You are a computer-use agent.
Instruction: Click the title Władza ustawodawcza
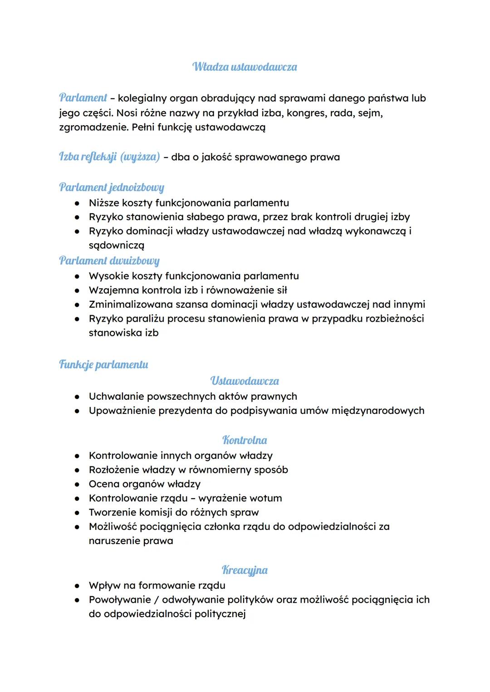coord(245,67)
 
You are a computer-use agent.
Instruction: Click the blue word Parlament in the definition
coord(83,98)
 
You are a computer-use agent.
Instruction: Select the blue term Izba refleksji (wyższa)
coord(109,157)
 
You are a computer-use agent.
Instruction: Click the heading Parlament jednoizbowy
coord(112,187)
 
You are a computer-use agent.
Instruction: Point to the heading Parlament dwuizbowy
coord(109,261)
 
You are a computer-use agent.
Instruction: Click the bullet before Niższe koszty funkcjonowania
coord(78,203)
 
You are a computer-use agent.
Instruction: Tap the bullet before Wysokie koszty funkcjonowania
coord(78,276)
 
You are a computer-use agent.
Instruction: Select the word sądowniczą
coord(117,245)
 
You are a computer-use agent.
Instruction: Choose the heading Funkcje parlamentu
coord(103,365)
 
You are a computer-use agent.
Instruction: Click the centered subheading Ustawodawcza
coord(245,381)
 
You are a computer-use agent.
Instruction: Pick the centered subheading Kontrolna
coord(245,440)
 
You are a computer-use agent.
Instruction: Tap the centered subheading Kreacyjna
coord(245,570)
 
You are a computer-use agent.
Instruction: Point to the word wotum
coord(266,498)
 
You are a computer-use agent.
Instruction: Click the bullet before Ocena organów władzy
coord(78,484)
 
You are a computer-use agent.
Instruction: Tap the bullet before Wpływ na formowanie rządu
coord(78,586)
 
